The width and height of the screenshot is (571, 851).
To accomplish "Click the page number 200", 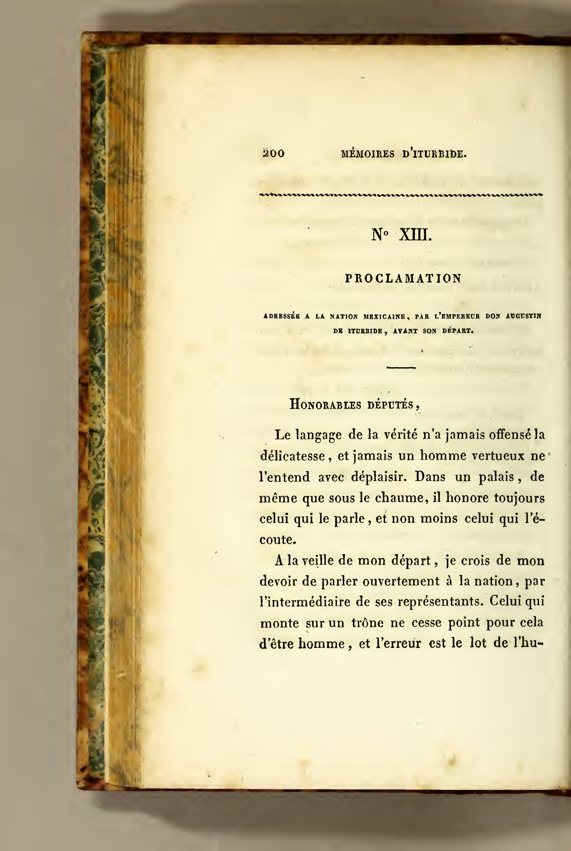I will [x=274, y=153].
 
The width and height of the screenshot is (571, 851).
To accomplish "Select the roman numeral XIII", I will [x=415, y=236].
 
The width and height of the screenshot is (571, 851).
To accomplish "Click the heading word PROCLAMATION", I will [x=403, y=278].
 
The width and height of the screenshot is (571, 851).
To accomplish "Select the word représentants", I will [x=439, y=602].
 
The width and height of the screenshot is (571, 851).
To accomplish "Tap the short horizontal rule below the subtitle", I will [x=401, y=368].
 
